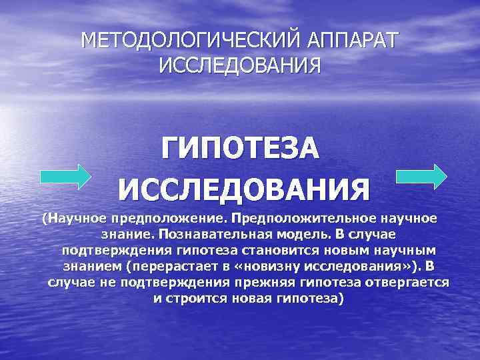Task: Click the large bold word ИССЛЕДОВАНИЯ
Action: (x=244, y=190)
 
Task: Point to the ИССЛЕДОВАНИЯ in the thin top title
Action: (x=240, y=67)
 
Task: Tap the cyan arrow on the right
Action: (x=421, y=177)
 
